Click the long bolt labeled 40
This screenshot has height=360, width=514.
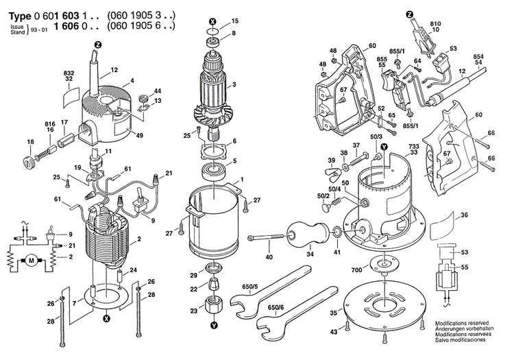(x=268, y=237)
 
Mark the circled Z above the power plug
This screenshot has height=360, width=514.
(x=408, y=13)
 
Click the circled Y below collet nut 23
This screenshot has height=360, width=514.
(x=215, y=325)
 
